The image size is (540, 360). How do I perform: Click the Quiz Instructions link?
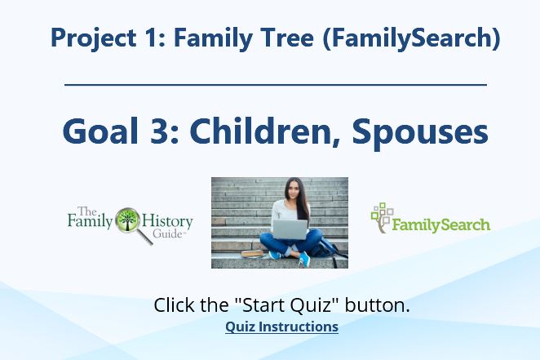[x=281, y=327]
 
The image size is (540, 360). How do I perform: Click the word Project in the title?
[x=93, y=38]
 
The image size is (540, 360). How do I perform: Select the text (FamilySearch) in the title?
[x=412, y=38]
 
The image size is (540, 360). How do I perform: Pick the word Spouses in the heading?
[x=420, y=132]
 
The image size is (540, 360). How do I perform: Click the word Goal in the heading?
[x=100, y=131]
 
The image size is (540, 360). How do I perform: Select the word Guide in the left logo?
[x=167, y=234]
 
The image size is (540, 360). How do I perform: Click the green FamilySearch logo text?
[x=441, y=225]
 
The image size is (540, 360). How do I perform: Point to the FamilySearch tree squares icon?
[x=382, y=218]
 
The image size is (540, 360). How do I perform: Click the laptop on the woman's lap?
[x=290, y=229]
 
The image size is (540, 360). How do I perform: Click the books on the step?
[x=254, y=254]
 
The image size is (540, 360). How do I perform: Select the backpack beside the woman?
[x=325, y=249]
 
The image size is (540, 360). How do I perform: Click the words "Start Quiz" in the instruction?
[x=287, y=304]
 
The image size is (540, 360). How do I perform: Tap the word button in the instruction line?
[x=378, y=304]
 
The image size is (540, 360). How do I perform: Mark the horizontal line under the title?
[x=276, y=84]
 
